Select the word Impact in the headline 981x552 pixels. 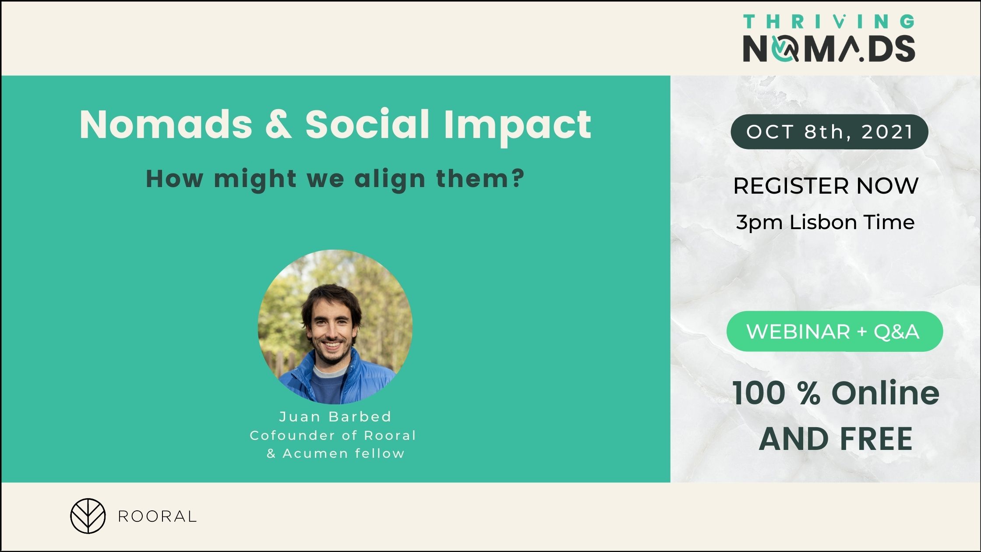(518, 127)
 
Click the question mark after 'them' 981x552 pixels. (518, 178)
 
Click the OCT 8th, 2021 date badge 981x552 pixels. (829, 131)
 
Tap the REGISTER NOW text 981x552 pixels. (826, 186)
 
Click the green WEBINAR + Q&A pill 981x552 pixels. (835, 331)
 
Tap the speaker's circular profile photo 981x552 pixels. (335, 327)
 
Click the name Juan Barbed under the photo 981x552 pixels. (335, 417)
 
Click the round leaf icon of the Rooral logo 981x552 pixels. (88, 516)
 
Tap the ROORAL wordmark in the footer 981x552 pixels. (157, 517)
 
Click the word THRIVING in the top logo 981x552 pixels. (829, 21)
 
